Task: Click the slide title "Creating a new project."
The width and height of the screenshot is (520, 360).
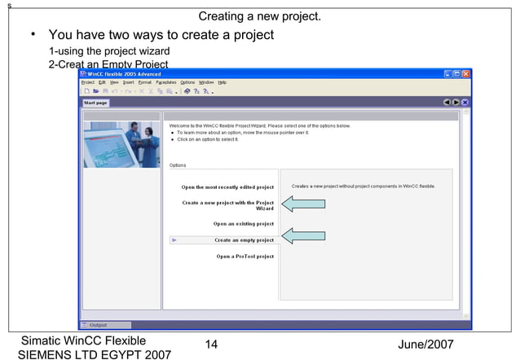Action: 260,16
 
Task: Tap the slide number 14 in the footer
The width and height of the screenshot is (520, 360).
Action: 211,345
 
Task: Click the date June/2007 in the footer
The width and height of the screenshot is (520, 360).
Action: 425,345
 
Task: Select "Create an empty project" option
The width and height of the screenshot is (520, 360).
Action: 244,240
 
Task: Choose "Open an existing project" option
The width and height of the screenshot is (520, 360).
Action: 243,223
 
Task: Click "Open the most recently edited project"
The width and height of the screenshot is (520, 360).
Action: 227,187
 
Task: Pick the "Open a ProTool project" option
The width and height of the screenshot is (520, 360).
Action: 245,257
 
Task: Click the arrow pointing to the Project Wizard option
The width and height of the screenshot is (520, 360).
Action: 303,204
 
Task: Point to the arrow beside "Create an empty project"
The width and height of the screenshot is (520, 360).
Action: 303,236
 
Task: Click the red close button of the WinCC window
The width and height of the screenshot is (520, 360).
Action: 466,74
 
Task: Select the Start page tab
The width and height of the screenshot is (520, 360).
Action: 96,103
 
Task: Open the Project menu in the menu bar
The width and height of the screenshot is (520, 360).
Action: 88,82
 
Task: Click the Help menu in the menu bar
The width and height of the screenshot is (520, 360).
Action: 222,82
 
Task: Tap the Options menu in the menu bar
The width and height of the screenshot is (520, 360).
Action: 187,82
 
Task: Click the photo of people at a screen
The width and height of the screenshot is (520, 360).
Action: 121,144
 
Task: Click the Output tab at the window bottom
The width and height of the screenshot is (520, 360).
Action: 99,324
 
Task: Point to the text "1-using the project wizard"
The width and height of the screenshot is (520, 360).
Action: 109,51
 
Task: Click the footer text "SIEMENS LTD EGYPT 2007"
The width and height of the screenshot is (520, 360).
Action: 95,354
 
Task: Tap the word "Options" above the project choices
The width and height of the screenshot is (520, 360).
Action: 178,165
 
